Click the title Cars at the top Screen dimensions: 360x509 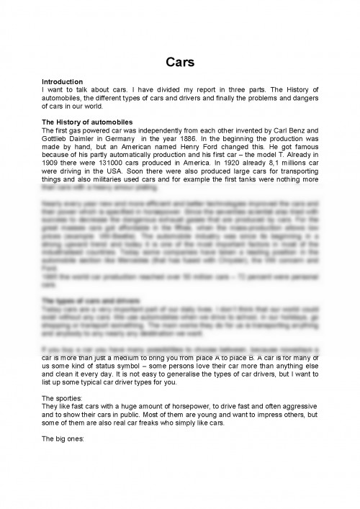coord(179,62)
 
